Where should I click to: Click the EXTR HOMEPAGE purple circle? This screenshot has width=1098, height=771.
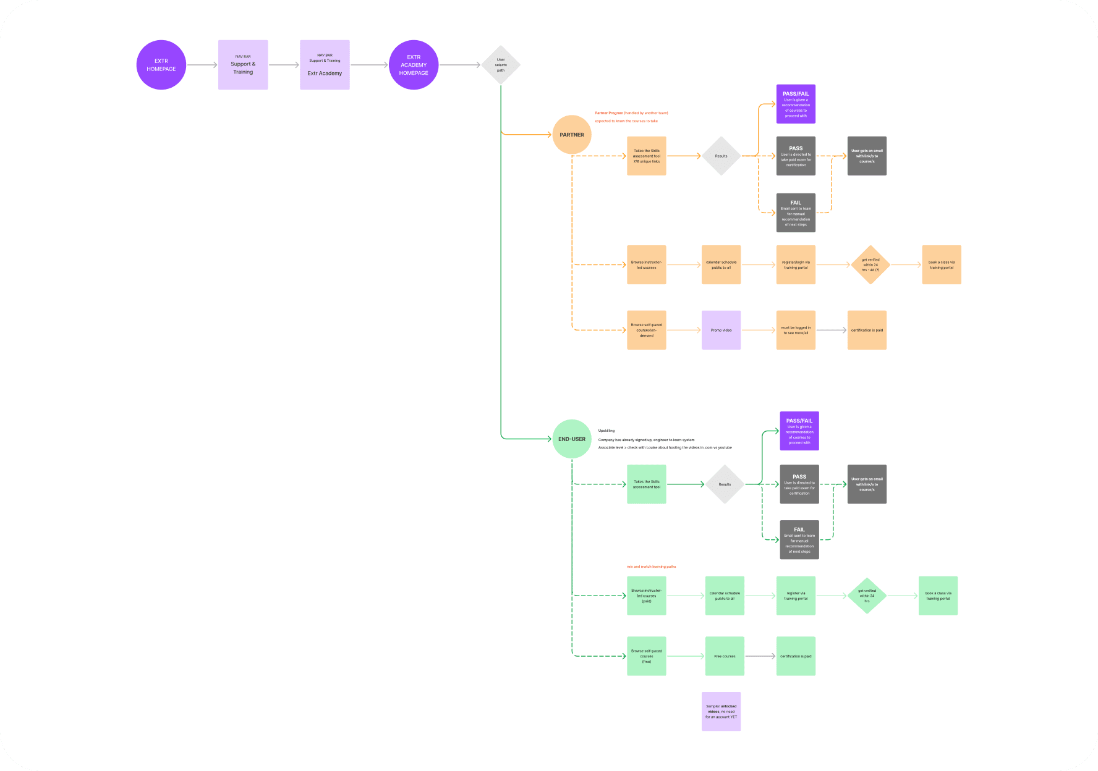tap(161, 65)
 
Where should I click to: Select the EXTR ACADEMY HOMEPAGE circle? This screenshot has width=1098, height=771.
tap(414, 65)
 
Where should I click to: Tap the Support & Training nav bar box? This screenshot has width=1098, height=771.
tap(243, 65)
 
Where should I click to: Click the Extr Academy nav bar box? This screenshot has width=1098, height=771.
tap(325, 65)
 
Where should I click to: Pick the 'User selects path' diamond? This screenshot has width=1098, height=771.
tap(501, 65)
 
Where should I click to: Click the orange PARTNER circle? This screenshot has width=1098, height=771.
tap(572, 135)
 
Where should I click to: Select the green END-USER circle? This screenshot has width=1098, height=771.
tap(572, 439)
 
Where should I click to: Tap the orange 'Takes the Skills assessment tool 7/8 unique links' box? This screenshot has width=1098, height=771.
tap(647, 156)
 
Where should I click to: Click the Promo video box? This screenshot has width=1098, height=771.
tap(721, 330)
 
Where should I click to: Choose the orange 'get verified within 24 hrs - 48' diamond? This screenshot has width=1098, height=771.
tap(870, 265)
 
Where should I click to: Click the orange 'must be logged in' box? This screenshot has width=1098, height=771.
tap(796, 330)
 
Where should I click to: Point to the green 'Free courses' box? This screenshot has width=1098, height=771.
tap(725, 656)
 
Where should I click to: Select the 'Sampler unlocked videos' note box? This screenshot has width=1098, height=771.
tap(721, 712)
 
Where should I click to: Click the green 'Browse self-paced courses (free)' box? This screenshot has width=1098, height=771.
tap(647, 656)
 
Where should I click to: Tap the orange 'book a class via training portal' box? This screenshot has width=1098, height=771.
tap(942, 265)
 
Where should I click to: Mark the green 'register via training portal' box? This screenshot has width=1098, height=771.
tap(796, 596)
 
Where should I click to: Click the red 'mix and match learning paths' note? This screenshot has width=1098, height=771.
tap(651, 567)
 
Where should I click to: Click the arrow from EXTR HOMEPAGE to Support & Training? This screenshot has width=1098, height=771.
tap(202, 65)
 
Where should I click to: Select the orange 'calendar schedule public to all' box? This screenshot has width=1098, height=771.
tap(721, 265)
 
